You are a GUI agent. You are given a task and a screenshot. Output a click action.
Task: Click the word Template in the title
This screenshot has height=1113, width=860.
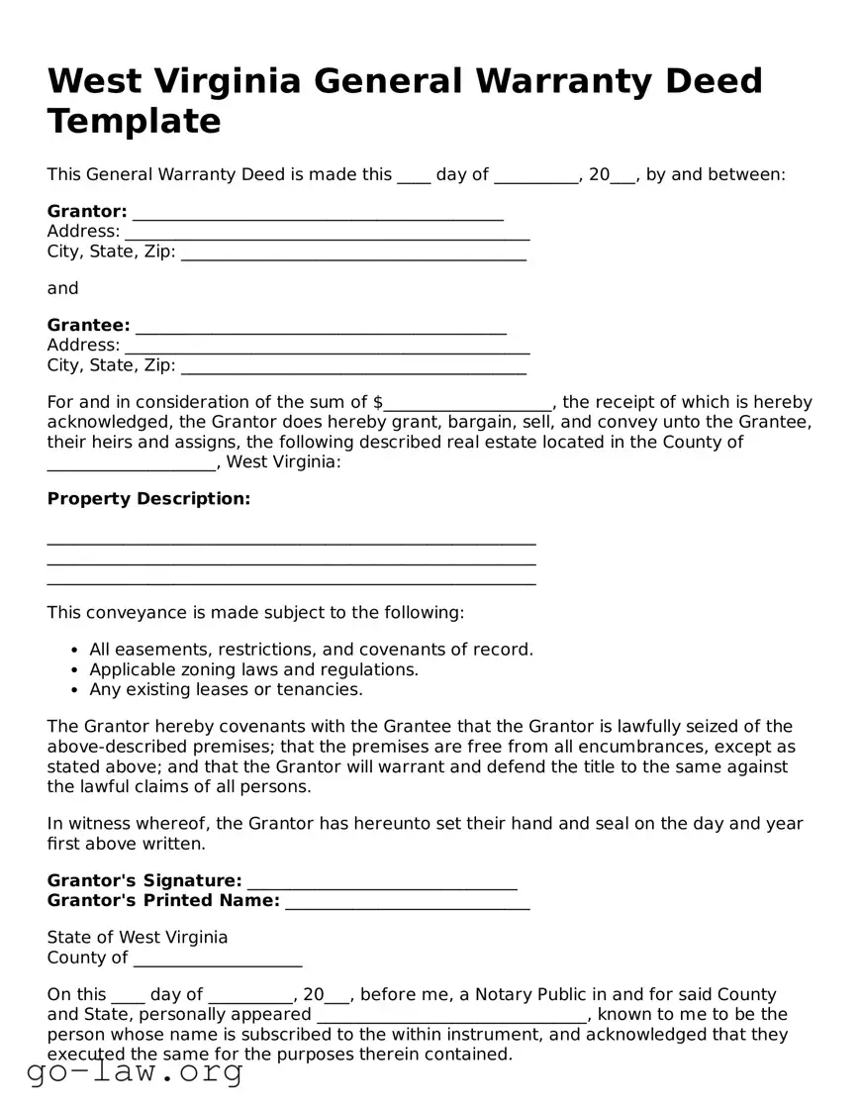(x=134, y=122)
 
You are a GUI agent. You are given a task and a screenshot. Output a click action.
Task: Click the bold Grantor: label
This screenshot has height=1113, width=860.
(x=87, y=211)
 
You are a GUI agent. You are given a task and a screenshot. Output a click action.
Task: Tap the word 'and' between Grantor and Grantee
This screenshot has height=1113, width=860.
(x=62, y=288)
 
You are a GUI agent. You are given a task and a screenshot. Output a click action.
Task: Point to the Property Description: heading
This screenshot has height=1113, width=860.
(x=148, y=498)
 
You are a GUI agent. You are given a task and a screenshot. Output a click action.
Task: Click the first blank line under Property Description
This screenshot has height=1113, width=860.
(x=291, y=543)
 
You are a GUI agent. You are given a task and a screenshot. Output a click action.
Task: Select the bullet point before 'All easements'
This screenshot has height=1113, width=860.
(x=76, y=651)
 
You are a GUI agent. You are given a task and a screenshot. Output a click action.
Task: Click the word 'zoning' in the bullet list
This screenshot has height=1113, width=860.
(x=207, y=669)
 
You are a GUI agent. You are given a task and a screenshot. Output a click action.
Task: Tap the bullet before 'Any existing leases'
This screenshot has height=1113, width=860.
(x=76, y=690)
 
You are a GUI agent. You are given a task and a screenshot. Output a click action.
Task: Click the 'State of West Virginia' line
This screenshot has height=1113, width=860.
(x=138, y=937)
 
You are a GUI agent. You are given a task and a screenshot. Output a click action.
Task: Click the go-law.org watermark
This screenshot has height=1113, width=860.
(x=135, y=1071)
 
